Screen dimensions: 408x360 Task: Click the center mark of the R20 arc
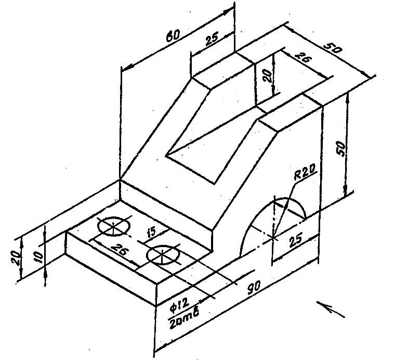coord(273,237)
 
